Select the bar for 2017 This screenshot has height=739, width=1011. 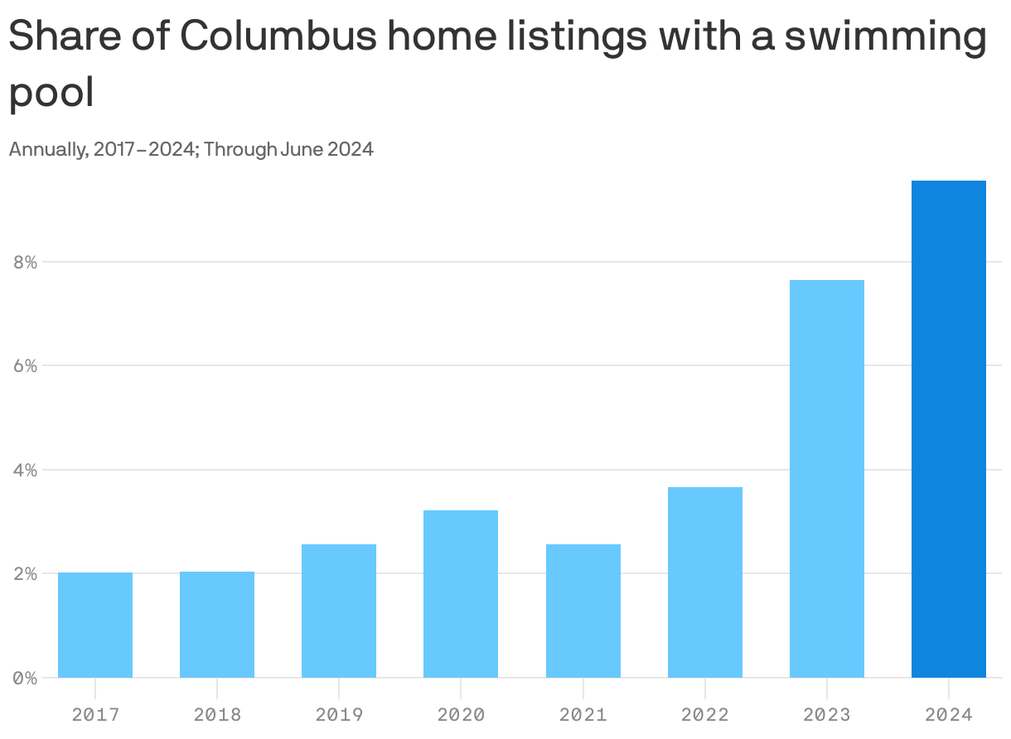pyautogui.click(x=95, y=625)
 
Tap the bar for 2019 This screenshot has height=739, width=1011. pyautogui.click(x=339, y=611)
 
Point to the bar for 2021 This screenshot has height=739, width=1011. pyautogui.click(x=583, y=611)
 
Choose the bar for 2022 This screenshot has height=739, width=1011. pyautogui.click(x=705, y=582)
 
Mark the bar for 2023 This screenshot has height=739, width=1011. pyautogui.click(x=827, y=478)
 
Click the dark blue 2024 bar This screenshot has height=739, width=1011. pyautogui.click(x=949, y=428)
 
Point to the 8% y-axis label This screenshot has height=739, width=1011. pyautogui.click(x=26, y=262)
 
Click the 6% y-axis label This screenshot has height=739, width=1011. pyautogui.click(x=26, y=365)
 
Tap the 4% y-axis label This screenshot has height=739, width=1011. pyautogui.click(x=26, y=470)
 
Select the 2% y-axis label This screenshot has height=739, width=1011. pyautogui.click(x=26, y=573)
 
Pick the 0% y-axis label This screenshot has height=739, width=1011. pyautogui.click(x=26, y=678)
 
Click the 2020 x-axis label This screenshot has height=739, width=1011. pyautogui.click(x=461, y=713)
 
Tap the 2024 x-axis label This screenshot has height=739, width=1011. pyautogui.click(x=949, y=713)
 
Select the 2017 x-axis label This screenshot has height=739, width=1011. pyautogui.click(x=95, y=713)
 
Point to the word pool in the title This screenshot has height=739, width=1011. pyautogui.click(x=51, y=94)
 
